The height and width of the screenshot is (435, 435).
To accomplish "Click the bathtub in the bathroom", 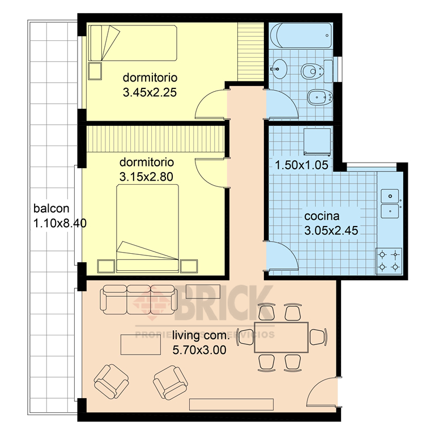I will pos(300,36).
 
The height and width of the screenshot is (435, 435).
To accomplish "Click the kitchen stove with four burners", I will pos(389,261).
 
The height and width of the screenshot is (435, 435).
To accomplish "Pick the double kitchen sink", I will pos(389,203).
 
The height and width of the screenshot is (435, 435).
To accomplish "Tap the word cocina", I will pos(322,216).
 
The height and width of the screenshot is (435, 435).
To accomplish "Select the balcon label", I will pos(52,207).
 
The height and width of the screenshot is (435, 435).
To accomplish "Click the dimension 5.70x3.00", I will pos(199,350).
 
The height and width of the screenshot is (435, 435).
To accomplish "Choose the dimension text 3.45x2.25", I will pos(147,91).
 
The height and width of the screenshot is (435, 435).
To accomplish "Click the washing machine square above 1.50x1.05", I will pos(316,141).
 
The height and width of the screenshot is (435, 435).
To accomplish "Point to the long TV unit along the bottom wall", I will pos(232,404).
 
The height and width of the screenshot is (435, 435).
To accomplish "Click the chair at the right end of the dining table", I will pos(318,336).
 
